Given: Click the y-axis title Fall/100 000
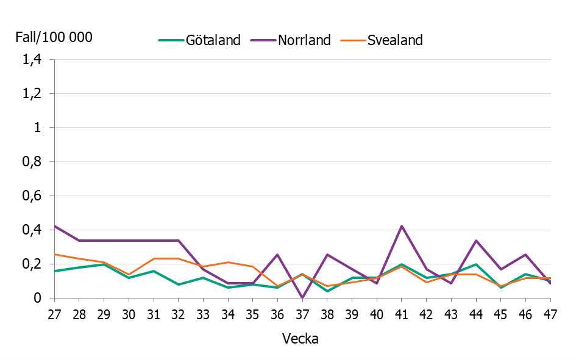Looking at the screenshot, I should pos(54,37).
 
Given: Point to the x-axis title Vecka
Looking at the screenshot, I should pos(300,339).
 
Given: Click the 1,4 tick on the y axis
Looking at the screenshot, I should pos(31,60).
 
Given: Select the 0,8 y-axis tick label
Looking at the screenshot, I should pos(31,162).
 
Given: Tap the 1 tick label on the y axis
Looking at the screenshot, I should pos(37,128).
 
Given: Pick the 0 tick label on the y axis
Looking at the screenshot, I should pos(37,298).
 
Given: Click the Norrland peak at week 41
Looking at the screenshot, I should pos(402,226).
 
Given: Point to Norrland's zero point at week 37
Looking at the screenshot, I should pos(302,297).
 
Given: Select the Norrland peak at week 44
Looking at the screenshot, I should pos(476,241).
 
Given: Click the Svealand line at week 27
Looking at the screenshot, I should pos(55,254).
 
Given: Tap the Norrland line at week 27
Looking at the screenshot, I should pos(55,226).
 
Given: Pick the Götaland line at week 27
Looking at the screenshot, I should pos(55,271).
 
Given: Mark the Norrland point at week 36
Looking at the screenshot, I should pos(278,255).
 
